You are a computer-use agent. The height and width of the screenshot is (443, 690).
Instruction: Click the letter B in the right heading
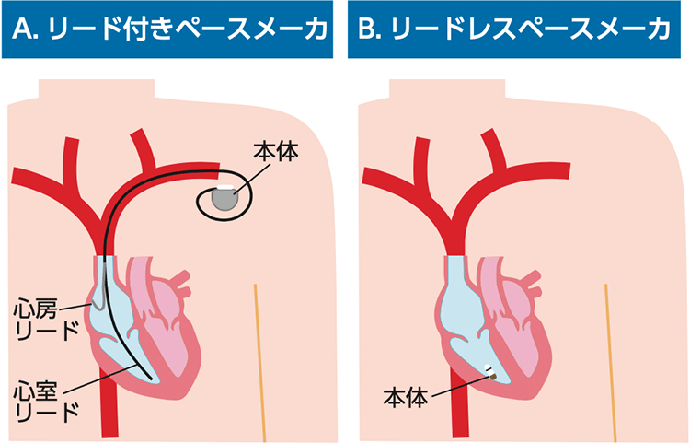(368, 30)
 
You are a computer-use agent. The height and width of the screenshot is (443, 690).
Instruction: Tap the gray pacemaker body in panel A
(224, 198)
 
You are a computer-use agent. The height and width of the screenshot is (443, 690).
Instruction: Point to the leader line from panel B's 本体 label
(460, 386)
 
